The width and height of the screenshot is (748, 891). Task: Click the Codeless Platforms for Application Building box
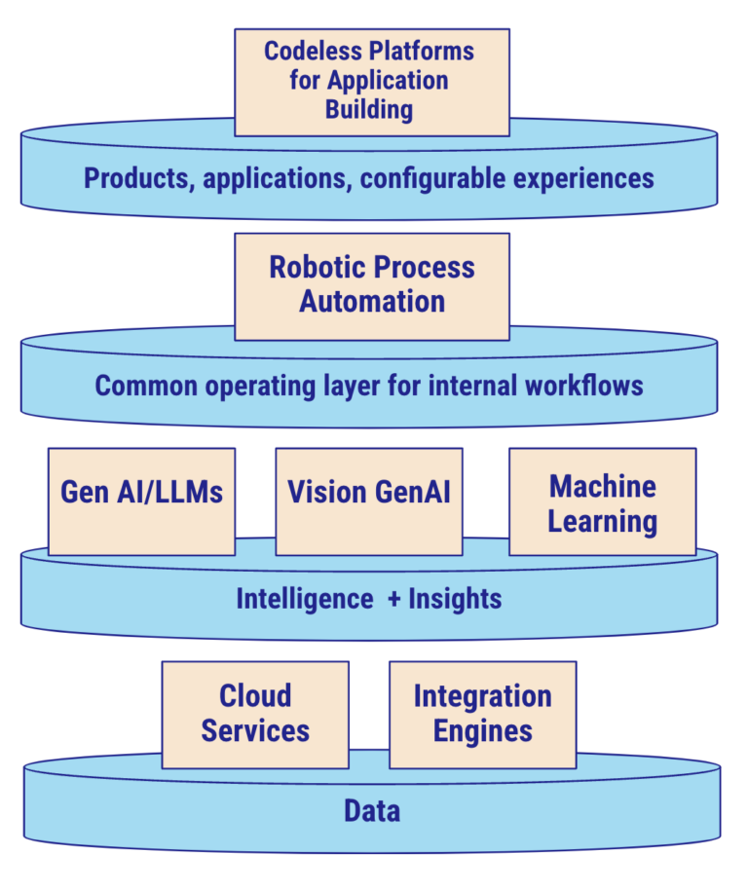371,82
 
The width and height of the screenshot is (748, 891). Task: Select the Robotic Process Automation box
371,285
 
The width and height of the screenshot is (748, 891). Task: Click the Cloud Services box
255,713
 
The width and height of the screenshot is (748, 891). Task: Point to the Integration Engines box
482,713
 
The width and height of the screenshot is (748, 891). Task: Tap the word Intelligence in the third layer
304,598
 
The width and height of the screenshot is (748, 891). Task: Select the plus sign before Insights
394,599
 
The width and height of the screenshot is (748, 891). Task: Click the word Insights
455,598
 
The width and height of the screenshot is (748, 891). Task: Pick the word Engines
483,730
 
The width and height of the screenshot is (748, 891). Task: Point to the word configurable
428,179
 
